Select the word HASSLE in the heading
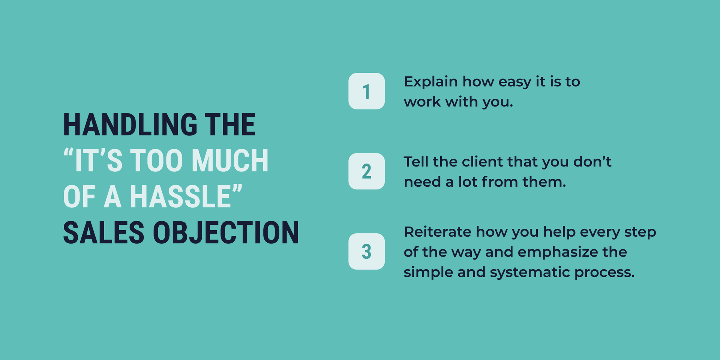[180, 197]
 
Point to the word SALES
[103, 233]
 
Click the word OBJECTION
[226, 233]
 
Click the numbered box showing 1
[366, 91]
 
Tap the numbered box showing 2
[366, 171]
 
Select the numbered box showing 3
[366, 251]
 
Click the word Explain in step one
[430, 82]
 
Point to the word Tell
[416, 162]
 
